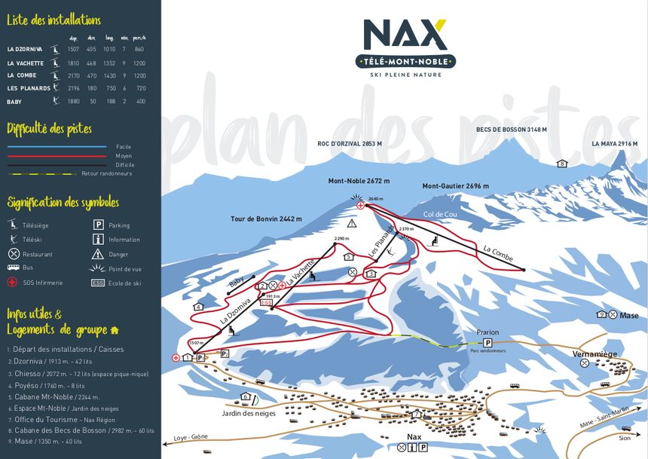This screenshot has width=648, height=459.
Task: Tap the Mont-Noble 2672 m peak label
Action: pos(359,181)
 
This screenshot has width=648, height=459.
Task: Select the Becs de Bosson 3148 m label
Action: pos(511,130)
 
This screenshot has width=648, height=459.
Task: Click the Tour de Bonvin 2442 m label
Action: pos(266,219)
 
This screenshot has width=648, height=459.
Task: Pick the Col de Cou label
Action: pos(441,215)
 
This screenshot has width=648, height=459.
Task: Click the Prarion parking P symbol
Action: pos(488,342)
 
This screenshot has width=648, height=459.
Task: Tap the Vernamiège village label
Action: pos(595,353)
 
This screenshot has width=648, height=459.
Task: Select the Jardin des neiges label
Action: pos(249,413)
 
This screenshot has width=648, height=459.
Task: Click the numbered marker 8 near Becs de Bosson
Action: pos(561,164)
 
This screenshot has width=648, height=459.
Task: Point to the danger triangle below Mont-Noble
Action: pos(351,224)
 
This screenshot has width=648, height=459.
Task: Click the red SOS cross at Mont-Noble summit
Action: pos(361,205)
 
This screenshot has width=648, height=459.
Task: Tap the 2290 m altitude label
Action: pos(342,238)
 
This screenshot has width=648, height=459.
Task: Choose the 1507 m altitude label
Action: pos(195,343)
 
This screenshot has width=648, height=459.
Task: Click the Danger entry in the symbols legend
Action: pos(118,254)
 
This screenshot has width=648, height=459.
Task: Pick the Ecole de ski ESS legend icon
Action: pos(98,283)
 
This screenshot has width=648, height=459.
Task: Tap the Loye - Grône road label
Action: pos(190,437)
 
